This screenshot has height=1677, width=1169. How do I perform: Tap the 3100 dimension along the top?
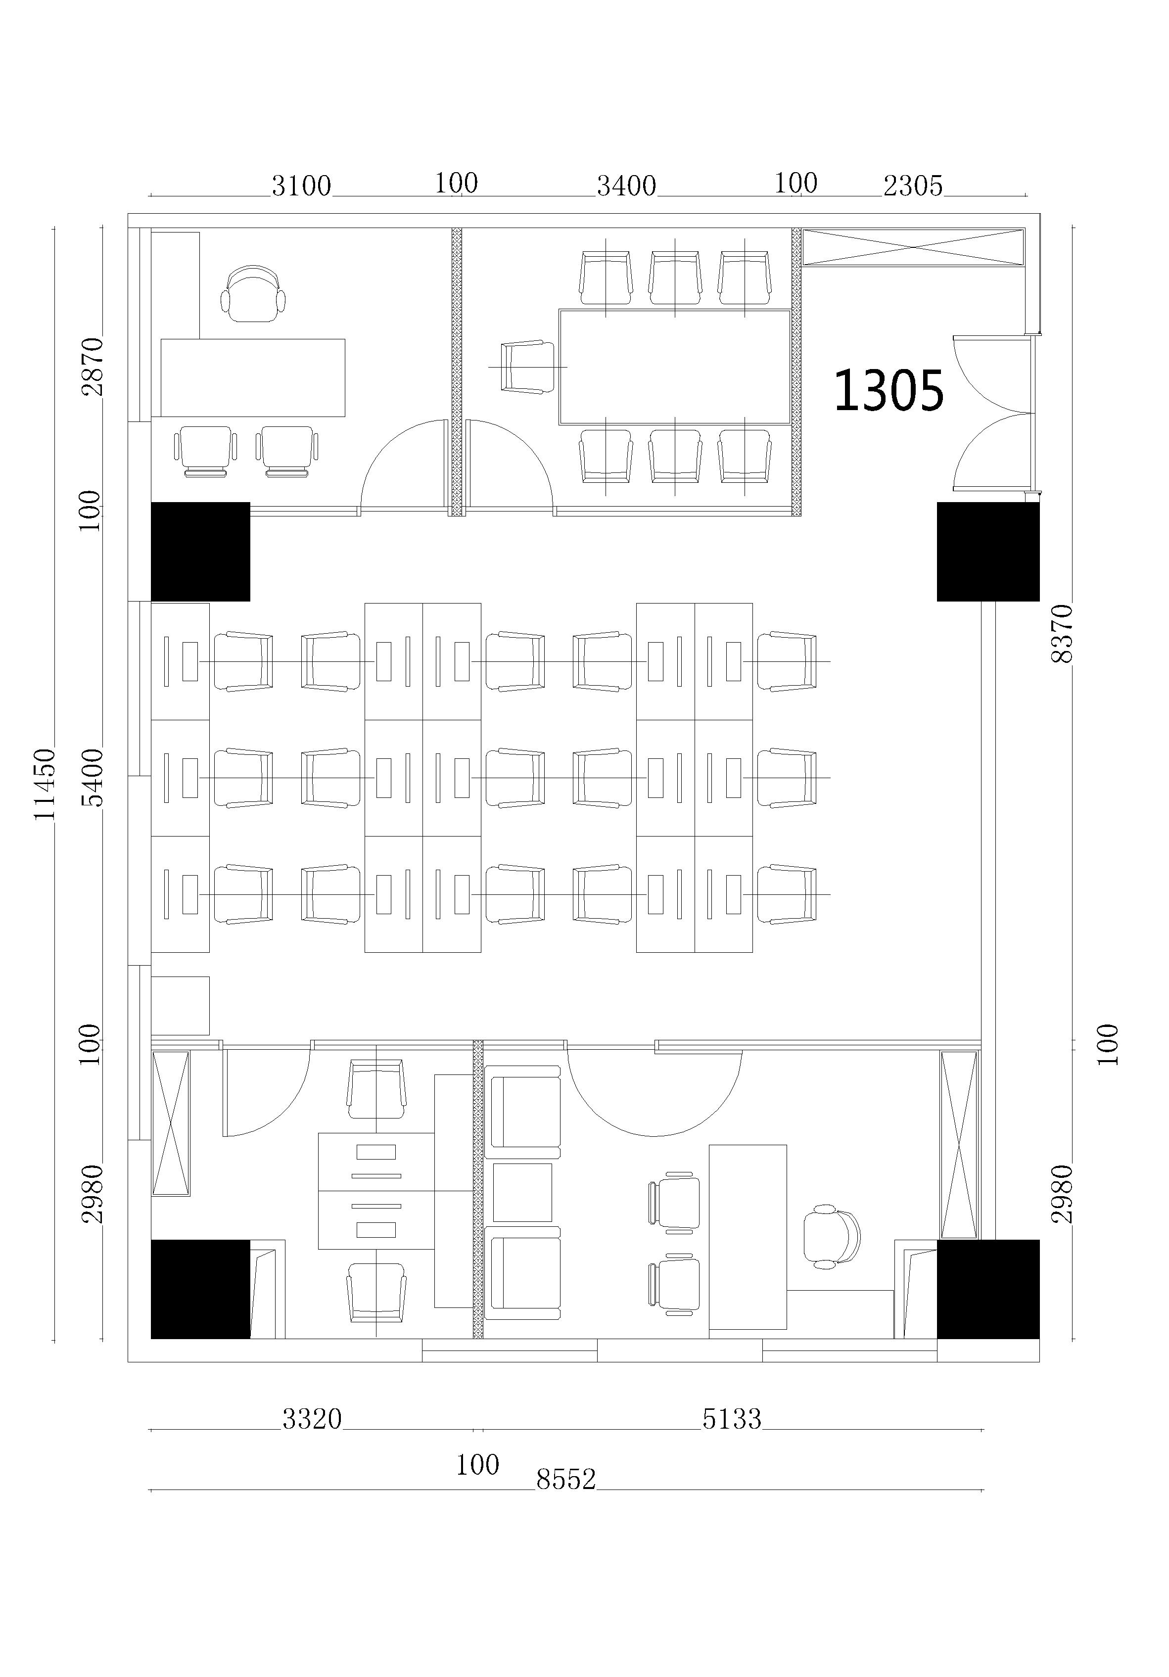click(301, 186)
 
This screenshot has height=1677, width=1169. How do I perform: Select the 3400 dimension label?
click(626, 186)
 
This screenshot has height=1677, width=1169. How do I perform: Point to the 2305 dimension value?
click(913, 186)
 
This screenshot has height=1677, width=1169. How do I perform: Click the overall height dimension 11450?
click(46, 784)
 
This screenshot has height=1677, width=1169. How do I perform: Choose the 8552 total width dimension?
click(566, 1479)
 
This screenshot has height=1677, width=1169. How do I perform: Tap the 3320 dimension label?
click(312, 1418)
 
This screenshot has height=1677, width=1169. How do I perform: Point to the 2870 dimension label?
click(93, 366)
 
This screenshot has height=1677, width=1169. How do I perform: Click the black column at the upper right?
click(988, 552)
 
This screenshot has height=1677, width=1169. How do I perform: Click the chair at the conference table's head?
click(527, 367)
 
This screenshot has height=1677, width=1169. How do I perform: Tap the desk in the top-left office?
click(253, 377)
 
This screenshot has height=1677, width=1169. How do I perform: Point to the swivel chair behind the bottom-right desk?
click(832, 1237)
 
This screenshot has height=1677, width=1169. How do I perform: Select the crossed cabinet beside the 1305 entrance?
click(913, 247)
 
